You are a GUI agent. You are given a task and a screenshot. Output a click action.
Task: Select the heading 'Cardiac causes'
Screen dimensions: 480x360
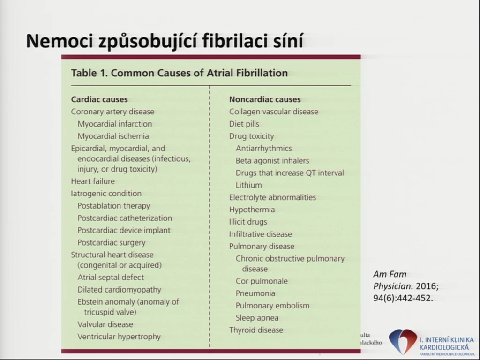click(x=99, y=99)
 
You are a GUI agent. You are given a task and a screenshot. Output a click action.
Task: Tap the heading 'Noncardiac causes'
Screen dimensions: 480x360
click(x=265, y=99)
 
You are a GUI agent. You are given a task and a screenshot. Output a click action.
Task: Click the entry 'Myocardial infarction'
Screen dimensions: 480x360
click(x=114, y=124)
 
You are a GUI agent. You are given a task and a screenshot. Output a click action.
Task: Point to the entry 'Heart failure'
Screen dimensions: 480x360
click(x=93, y=181)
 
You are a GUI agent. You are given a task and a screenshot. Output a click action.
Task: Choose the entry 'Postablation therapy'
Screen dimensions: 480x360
click(x=113, y=206)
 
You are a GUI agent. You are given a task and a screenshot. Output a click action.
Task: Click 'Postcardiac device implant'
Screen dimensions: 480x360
click(x=124, y=230)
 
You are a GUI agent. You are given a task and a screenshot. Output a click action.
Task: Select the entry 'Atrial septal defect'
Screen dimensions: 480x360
click(x=111, y=277)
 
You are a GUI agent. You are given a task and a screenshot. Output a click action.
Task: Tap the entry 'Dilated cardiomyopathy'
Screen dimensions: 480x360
click(x=119, y=290)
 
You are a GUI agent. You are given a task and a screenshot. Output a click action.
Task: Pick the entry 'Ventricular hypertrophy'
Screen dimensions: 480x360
click(x=119, y=337)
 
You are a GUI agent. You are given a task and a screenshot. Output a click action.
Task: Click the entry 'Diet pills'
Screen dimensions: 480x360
click(x=244, y=124)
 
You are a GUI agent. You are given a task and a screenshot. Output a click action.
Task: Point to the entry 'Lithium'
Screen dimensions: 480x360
click(x=248, y=185)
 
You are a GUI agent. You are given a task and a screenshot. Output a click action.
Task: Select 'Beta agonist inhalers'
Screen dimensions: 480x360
click(x=272, y=160)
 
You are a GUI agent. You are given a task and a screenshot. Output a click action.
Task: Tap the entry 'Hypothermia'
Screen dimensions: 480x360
click(x=252, y=210)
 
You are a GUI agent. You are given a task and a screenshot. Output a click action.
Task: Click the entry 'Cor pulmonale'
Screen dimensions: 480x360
click(x=262, y=281)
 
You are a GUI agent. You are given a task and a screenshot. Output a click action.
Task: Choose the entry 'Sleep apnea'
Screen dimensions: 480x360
click(x=257, y=318)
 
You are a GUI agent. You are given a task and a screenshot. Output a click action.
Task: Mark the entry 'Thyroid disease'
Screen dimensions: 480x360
click(x=256, y=330)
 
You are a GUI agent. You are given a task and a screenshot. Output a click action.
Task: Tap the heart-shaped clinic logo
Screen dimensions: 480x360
click(x=403, y=341)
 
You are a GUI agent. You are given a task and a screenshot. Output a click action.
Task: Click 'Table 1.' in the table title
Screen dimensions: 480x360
click(x=89, y=73)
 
